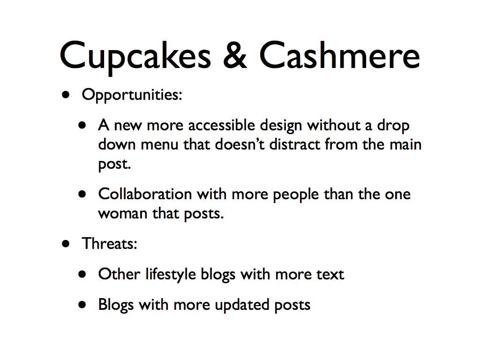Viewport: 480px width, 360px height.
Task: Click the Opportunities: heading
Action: (x=132, y=95)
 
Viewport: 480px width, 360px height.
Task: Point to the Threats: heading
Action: (x=109, y=244)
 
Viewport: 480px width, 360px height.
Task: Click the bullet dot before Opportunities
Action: (x=66, y=95)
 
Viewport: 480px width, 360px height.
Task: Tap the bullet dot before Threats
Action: (x=66, y=244)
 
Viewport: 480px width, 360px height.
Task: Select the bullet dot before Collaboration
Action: (x=82, y=194)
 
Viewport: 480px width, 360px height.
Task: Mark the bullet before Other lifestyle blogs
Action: (x=82, y=274)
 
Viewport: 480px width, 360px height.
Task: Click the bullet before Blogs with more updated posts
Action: (x=82, y=305)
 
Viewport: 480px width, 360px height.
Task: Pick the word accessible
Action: (x=221, y=125)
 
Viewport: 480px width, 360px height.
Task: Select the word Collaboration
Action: (x=145, y=194)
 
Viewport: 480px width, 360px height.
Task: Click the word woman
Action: (x=123, y=214)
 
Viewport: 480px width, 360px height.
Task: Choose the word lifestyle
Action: (x=171, y=275)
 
